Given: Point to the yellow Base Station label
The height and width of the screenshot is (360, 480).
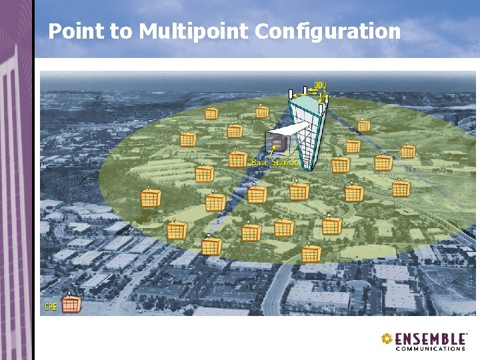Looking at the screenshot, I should click(x=275, y=163).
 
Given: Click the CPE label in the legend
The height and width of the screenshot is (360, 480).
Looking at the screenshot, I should click(x=51, y=307).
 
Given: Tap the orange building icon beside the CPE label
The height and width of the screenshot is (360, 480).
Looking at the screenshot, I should click(x=71, y=304).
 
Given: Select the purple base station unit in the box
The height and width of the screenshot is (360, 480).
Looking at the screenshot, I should click(x=276, y=143).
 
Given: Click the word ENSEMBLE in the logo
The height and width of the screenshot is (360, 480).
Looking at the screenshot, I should click(x=430, y=339).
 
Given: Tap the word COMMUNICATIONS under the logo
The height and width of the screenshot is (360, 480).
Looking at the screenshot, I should click(x=431, y=348).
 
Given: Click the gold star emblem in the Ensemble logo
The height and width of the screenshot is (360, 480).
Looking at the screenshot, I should click(x=387, y=339).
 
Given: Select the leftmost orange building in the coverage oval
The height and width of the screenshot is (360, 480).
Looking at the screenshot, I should click(x=151, y=198).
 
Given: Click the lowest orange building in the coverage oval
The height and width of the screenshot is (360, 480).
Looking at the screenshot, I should click(x=311, y=253).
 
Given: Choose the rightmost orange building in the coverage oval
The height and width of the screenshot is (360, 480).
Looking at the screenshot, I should click(x=407, y=151).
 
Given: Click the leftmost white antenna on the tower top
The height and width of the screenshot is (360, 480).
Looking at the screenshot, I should click(x=291, y=94).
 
